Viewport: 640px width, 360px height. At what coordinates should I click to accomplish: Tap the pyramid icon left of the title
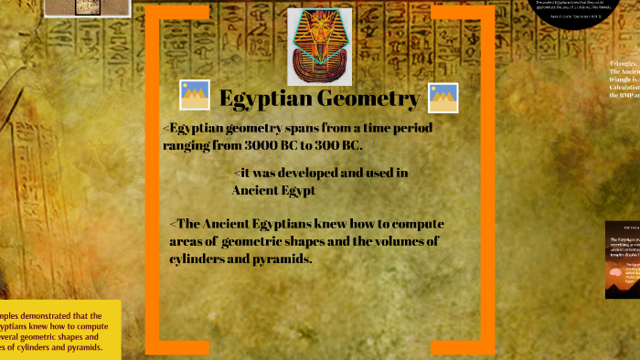tap(195, 95)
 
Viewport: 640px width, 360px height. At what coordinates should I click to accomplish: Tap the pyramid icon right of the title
tap(443, 98)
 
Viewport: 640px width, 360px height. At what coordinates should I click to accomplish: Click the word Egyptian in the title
tap(268, 99)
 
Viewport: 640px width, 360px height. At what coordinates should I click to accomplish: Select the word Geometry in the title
tap(369, 99)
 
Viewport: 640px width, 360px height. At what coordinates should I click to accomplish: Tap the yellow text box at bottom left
tap(55, 330)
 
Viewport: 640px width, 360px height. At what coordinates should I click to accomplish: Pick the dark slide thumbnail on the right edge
tap(623, 259)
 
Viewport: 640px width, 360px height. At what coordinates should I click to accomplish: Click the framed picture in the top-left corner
tap(73, 8)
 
